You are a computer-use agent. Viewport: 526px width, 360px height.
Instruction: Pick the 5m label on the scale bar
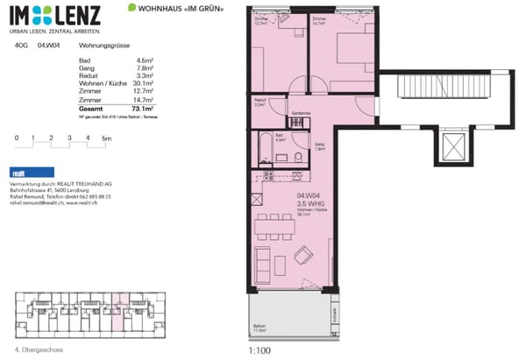tap(106, 138)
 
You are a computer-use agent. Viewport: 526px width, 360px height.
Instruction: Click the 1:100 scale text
tap(261, 349)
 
